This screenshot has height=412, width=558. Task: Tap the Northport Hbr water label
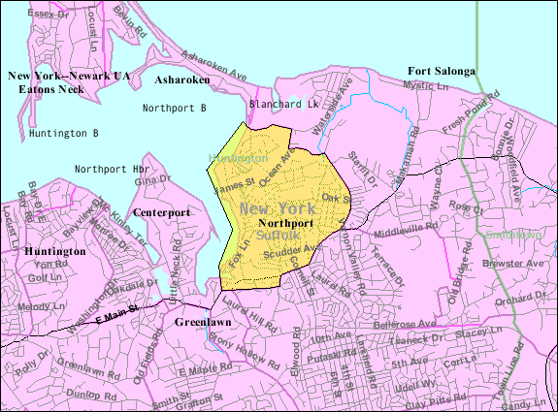coord(105,169)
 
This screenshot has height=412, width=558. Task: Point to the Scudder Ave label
coord(294,249)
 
